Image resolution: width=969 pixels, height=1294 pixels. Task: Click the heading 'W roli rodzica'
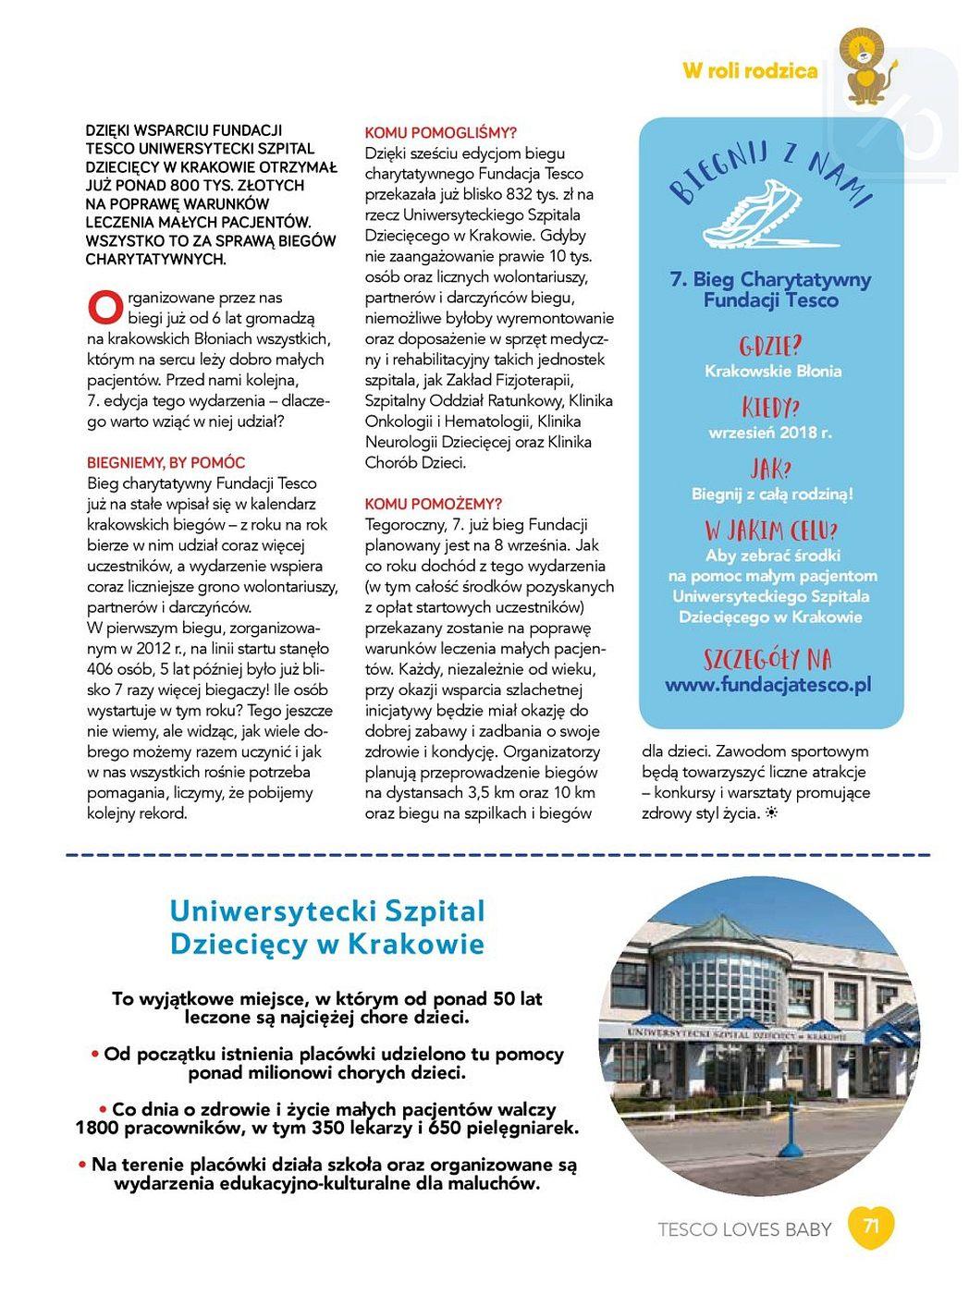[750, 71]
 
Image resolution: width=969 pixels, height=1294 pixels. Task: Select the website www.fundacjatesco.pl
[768, 685]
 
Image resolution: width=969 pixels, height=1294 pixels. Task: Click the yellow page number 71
[871, 1227]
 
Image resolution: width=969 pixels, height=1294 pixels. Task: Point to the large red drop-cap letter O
[104, 304]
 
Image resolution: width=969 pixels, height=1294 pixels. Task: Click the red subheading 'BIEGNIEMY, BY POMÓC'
[166, 462]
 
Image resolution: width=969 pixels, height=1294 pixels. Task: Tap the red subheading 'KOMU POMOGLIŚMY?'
[441, 133]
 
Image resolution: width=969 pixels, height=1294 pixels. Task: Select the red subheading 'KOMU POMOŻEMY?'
[434, 504]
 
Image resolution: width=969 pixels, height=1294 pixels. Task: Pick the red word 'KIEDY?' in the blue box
[770, 408]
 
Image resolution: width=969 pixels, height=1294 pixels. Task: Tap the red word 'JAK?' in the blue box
[771, 469]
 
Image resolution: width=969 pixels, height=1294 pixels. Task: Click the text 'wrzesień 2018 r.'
[770, 432]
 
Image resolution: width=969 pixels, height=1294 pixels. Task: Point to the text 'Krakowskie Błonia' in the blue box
[773, 371]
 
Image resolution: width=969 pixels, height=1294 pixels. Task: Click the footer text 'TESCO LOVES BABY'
[744, 1229]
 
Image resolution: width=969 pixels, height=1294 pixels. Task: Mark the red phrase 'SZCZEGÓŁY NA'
[767, 659]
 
